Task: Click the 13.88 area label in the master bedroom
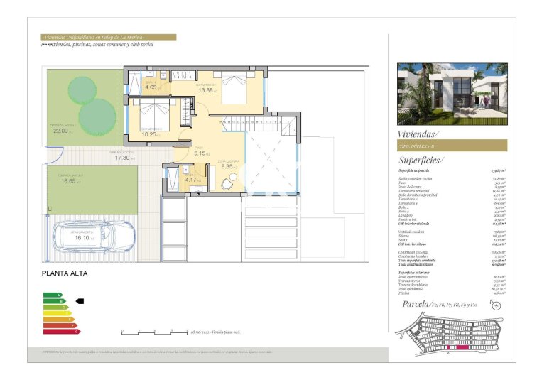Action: (207, 90)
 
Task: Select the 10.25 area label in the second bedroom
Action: (149, 134)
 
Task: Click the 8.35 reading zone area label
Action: (226, 167)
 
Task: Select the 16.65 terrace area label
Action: (69, 181)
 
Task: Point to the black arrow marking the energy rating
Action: (79, 300)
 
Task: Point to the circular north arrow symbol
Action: (496, 305)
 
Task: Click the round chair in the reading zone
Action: (226, 184)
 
